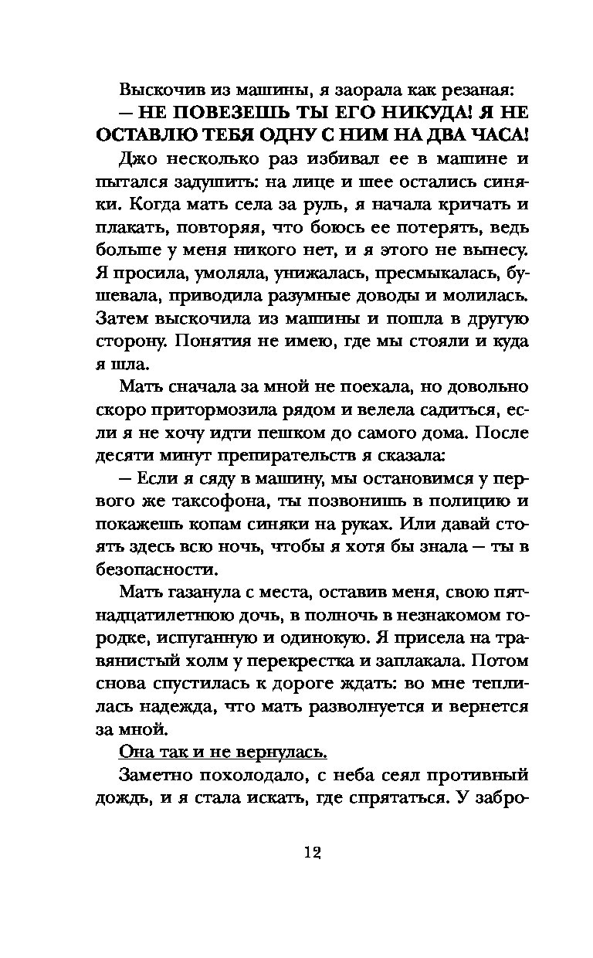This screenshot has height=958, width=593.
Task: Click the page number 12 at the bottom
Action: click(312, 851)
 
